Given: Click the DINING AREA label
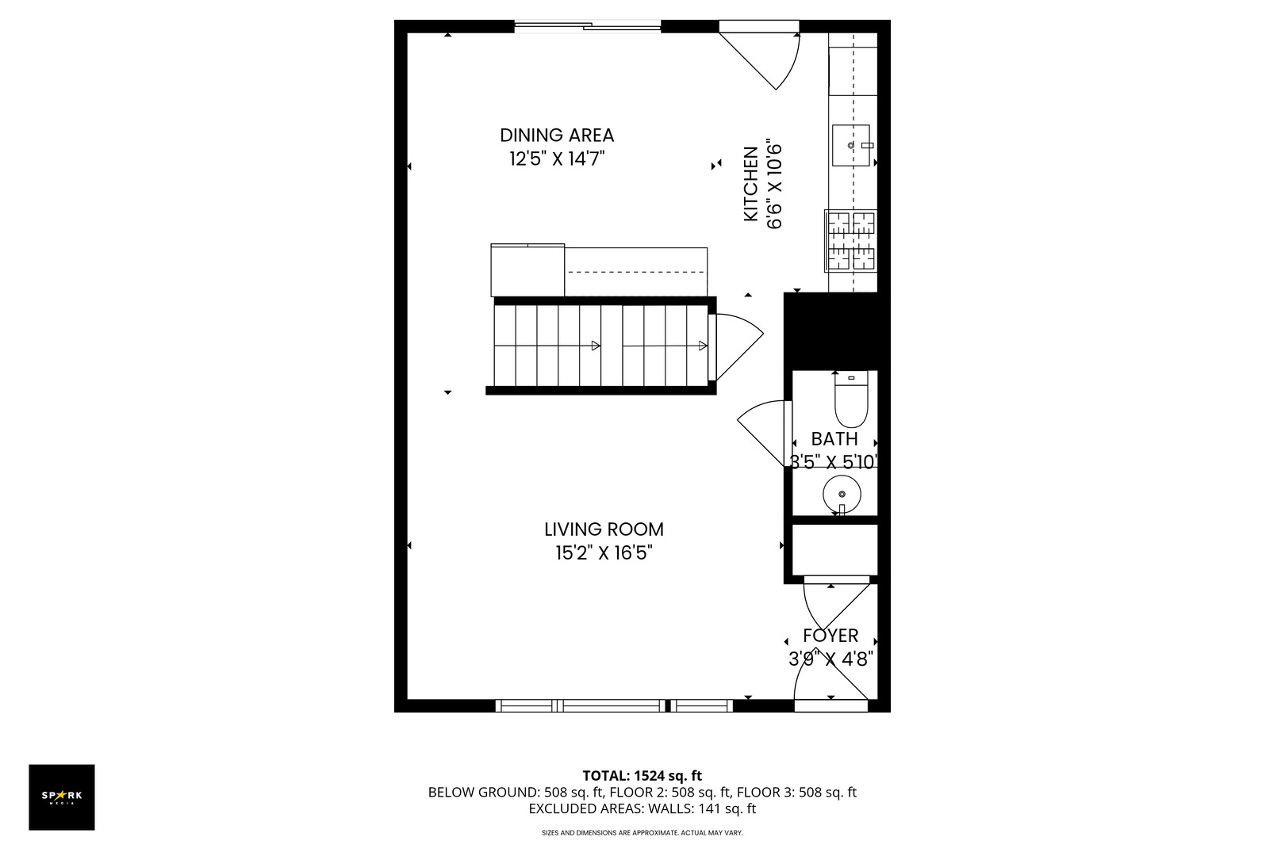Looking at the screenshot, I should (557, 136).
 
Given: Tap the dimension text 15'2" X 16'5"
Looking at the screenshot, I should (604, 553).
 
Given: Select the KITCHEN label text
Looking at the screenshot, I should (750, 185).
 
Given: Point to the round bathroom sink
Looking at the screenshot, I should (842, 494).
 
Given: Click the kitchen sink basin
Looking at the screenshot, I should (851, 146).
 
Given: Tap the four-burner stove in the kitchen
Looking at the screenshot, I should (852, 240).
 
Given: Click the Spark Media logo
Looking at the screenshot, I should (62, 797).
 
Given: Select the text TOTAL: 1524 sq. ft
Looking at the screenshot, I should (642, 776).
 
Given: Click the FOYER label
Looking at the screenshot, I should (830, 636).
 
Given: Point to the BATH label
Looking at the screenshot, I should (834, 439).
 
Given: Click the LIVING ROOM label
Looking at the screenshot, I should (604, 529).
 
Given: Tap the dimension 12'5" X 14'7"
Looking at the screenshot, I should (557, 159).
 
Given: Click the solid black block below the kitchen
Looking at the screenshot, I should (830, 331).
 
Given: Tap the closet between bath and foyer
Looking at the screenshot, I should (835, 549).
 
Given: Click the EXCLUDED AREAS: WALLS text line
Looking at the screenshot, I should (642, 809).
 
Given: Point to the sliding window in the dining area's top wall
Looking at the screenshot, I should (588, 27).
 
